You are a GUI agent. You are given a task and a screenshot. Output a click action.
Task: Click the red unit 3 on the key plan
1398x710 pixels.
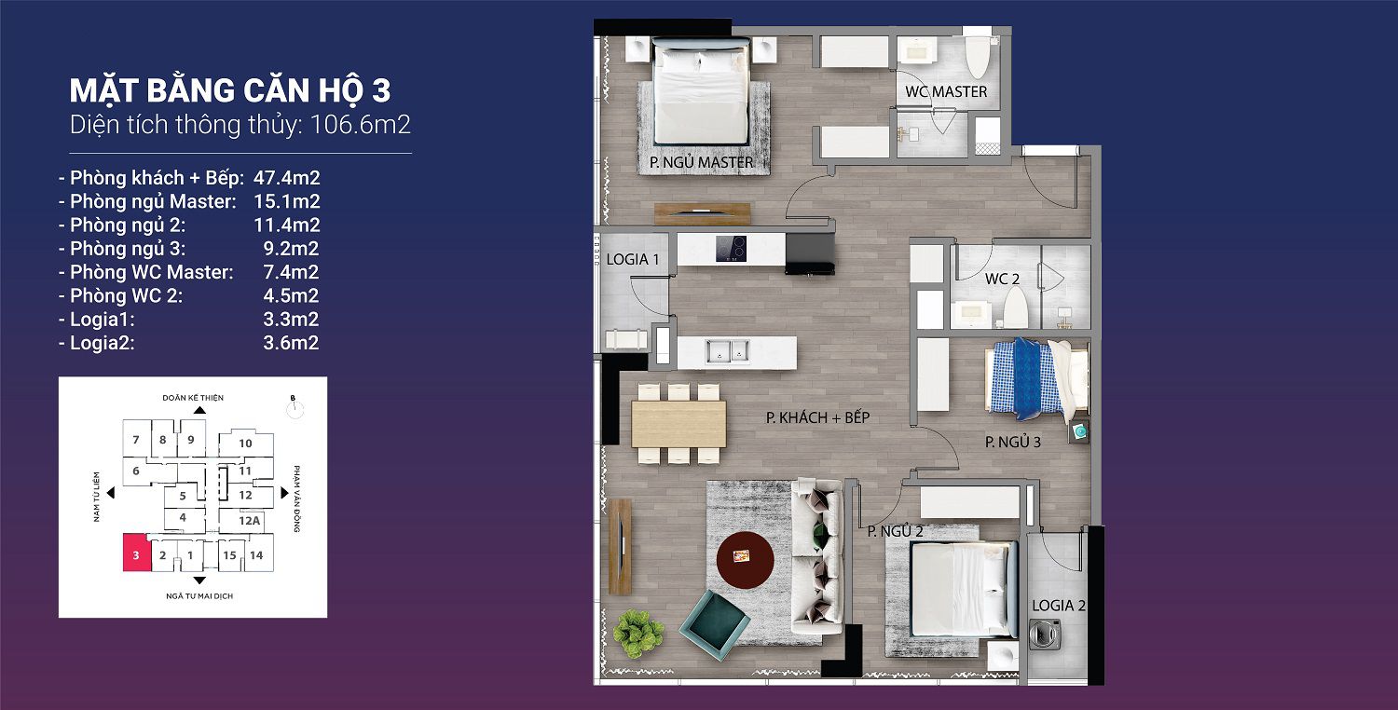pyautogui.click(x=137, y=553)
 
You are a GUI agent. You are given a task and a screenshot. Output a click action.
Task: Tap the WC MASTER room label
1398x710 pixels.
pyautogui.click(x=946, y=91)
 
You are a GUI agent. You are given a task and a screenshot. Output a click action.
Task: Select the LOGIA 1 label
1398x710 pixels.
pyautogui.click(x=633, y=260)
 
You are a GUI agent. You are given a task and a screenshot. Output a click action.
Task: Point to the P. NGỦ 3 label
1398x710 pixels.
pyautogui.click(x=1013, y=443)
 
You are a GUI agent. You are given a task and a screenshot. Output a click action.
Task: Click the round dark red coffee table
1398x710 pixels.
pyautogui.click(x=746, y=560)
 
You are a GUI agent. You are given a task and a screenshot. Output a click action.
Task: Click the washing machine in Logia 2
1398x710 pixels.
pyautogui.click(x=1045, y=634)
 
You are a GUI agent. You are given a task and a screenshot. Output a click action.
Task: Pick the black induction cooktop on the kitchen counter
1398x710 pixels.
pyautogui.click(x=731, y=249)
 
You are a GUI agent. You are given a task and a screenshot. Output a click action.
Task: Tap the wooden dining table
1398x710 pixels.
pyautogui.click(x=679, y=424)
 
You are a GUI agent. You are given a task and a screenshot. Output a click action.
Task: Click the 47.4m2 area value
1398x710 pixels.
pyautogui.click(x=286, y=178)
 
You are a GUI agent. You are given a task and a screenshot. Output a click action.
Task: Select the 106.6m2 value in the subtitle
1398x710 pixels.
pyautogui.click(x=360, y=125)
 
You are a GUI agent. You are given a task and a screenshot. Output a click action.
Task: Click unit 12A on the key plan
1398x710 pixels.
pyautogui.click(x=249, y=520)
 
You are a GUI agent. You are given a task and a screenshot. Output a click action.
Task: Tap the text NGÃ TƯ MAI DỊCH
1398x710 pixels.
pyautogui.click(x=199, y=595)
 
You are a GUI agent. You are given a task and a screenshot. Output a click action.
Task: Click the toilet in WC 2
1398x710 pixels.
pyautogui.click(x=1015, y=307)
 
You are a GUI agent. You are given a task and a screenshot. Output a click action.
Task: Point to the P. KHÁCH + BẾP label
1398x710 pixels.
pyautogui.click(x=817, y=417)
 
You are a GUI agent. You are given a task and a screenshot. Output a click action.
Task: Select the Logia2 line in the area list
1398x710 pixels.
pyautogui.click(x=188, y=343)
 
